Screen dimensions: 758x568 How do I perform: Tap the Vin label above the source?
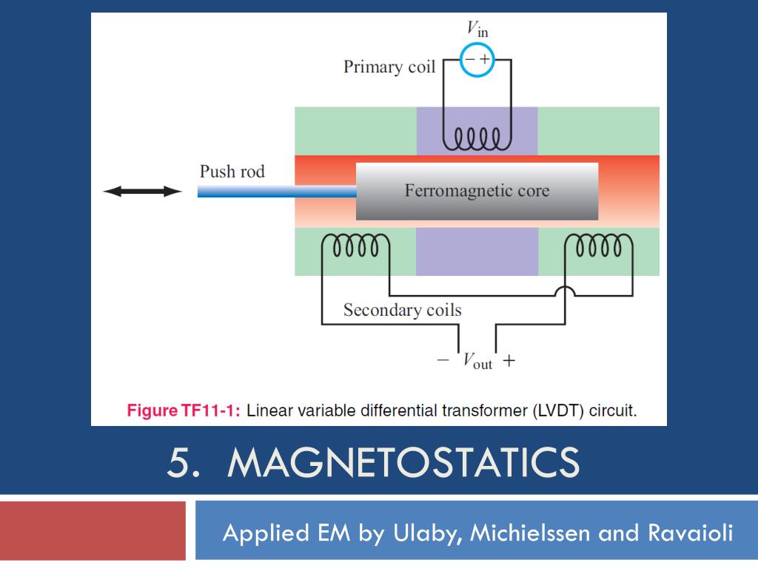pyautogui.click(x=477, y=29)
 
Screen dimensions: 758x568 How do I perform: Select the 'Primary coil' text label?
pyautogui.click(x=389, y=67)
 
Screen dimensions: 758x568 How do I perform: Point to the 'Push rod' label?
pyautogui.click(x=232, y=172)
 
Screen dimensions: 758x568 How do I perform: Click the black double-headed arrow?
pyautogui.click(x=143, y=192)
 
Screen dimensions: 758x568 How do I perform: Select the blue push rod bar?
pyautogui.click(x=277, y=192)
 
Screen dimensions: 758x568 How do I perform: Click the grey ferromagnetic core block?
pyautogui.click(x=477, y=192)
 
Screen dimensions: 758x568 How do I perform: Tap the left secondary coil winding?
pyautogui.click(x=355, y=246)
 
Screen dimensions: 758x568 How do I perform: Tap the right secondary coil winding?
pyautogui.click(x=598, y=246)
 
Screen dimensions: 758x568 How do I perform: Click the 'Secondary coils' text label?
pyautogui.click(x=402, y=310)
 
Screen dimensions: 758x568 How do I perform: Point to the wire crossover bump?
pyautogui.click(x=565, y=291)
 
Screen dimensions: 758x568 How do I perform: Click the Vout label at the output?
pyautogui.click(x=477, y=361)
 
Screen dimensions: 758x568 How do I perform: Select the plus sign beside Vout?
pyautogui.click(x=509, y=360)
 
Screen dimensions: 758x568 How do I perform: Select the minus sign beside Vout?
pyautogui.click(x=443, y=360)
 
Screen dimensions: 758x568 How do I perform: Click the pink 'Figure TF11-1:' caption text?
pyautogui.click(x=184, y=410)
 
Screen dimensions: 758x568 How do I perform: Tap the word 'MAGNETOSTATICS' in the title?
pyautogui.click(x=403, y=462)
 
